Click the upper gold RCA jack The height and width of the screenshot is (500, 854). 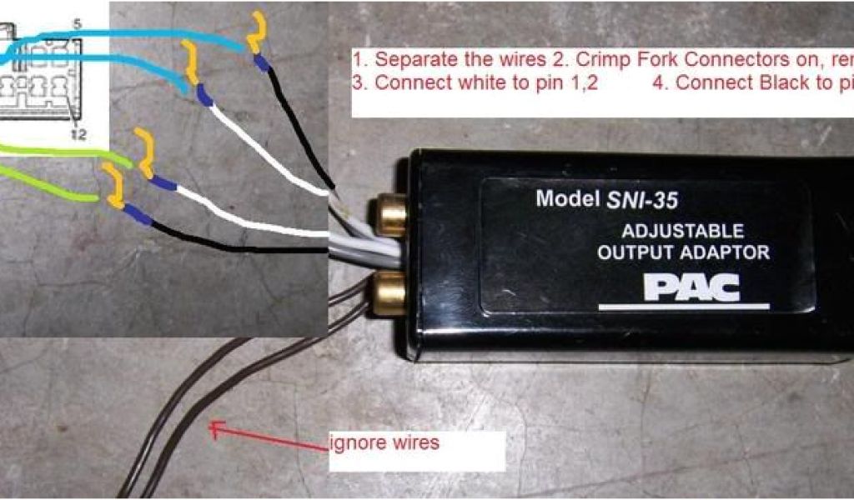389,213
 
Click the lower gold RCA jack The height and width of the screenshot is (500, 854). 389,293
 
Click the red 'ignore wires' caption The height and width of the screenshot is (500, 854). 385,442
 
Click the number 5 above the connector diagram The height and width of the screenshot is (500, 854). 77,25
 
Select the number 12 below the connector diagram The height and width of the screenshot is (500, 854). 79,134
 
